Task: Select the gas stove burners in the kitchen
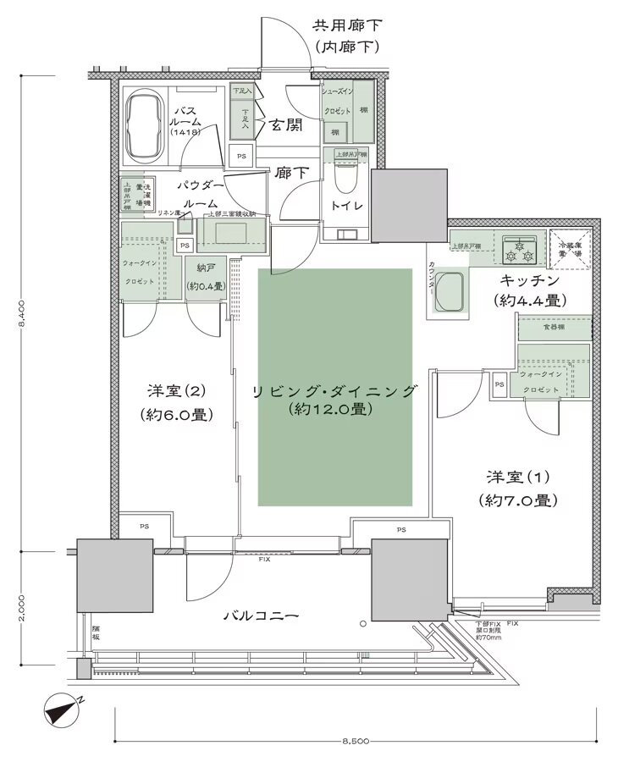519,249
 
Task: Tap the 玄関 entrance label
285,125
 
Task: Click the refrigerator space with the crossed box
568,247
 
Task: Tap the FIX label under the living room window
264,560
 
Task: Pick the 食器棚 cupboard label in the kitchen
555,328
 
